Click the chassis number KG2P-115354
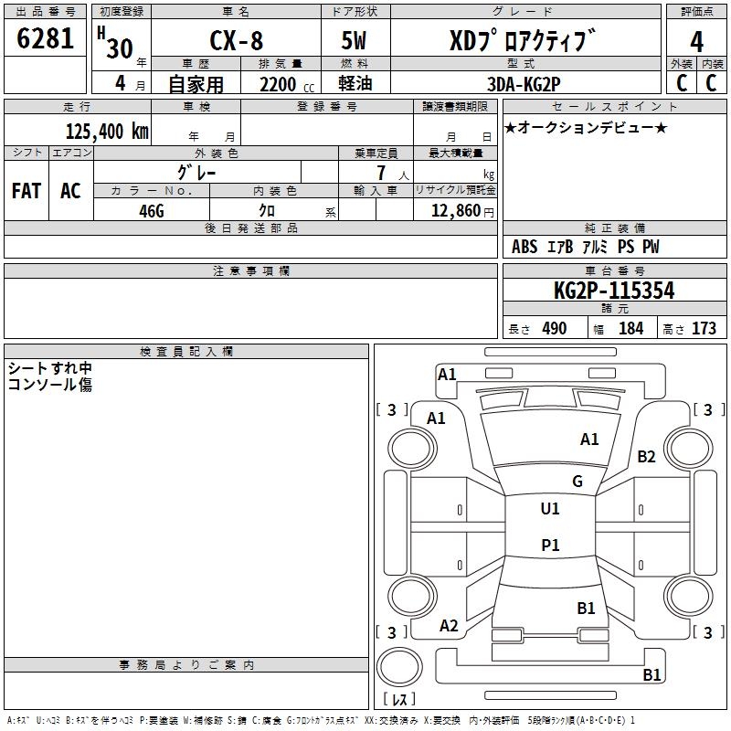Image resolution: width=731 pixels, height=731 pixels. point(614,291)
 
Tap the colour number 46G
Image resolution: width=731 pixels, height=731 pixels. point(151,210)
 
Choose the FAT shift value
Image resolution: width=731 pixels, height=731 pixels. point(26,191)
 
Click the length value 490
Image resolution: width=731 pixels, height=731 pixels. point(554,329)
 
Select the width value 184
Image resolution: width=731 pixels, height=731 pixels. point(630,329)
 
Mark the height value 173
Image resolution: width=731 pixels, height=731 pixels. point(704,329)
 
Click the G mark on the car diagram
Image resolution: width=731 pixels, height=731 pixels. point(577,482)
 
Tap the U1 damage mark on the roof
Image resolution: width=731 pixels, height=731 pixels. point(550,509)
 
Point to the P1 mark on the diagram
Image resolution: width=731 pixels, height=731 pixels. point(550,546)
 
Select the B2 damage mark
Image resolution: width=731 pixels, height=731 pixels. point(647,457)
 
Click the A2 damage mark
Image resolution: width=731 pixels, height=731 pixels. point(449,626)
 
